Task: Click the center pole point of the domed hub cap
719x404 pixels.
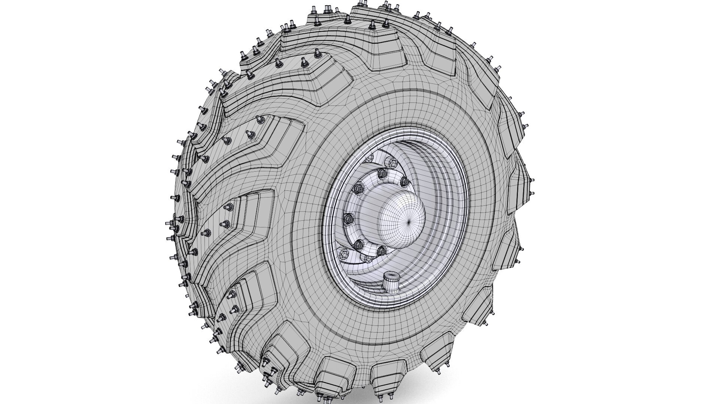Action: (409, 221)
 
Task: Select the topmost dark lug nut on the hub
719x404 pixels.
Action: (382, 173)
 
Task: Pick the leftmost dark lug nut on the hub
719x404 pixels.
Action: (347, 217)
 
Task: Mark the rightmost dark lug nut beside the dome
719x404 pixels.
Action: (404, 182)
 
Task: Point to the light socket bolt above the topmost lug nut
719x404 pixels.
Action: (391, 163)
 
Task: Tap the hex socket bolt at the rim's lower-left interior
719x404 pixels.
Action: (343, 254)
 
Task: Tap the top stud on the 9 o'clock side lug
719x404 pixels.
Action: (229, 207)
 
